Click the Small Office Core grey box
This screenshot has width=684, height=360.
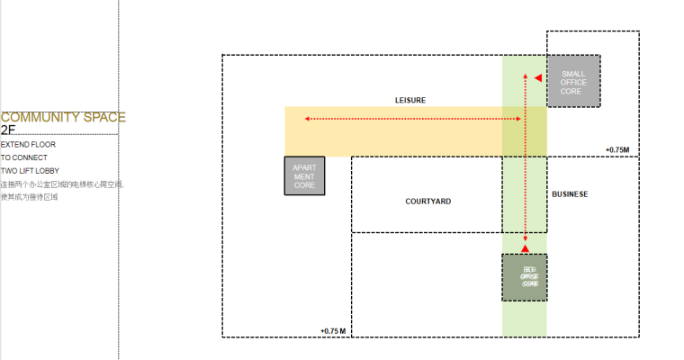(x=573, y=82)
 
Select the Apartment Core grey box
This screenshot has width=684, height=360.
(x=304, y=176)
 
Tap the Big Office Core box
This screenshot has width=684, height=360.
(x=524, y=277)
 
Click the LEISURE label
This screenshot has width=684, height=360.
(x=409, y=100)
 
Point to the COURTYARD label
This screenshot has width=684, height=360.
(x=427, y=202)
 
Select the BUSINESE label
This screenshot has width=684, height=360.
(x=569, y=194)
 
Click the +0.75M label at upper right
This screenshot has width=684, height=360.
(x=617, y=149)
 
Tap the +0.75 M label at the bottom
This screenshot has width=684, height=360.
(x=333, y=331)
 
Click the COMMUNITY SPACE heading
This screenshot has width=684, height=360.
(x=63, y=117)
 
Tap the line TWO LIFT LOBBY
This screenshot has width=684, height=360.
(x=31, y=170)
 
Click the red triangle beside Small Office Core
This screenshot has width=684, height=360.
(x=537, y=78)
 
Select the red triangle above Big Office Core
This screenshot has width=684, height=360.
(x=525, y=247)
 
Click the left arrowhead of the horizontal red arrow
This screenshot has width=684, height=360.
(x=307, y=119)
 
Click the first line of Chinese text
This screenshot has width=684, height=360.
(x=62, y=184)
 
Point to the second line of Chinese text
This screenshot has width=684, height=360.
(x=29, y=196)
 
